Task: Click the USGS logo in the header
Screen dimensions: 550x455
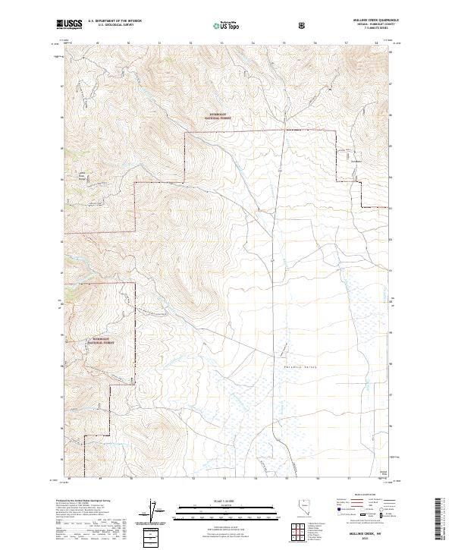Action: [x=70, y=24]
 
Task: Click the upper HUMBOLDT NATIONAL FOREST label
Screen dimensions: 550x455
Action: [x=218, y=117]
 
